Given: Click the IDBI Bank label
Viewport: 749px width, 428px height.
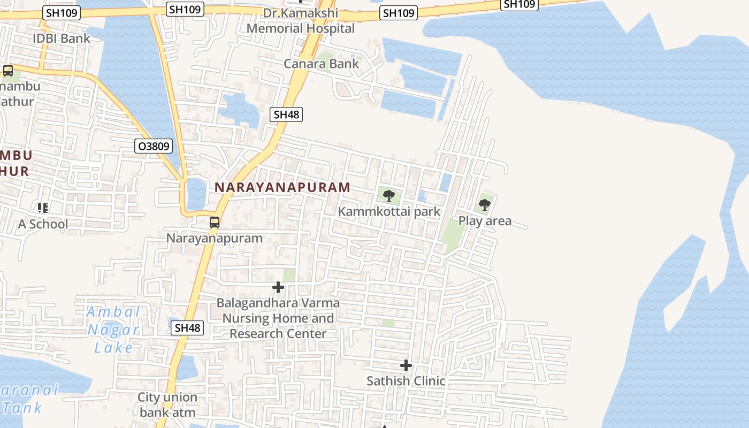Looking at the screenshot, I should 62,39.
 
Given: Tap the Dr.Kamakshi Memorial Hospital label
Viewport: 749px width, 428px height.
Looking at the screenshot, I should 301,21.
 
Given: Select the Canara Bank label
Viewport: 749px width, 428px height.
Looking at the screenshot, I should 321,64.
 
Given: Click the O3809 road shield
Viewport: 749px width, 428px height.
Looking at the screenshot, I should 154,146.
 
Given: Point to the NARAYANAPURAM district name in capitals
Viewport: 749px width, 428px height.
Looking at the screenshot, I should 282,187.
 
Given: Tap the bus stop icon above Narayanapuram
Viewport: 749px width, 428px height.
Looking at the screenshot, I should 215,222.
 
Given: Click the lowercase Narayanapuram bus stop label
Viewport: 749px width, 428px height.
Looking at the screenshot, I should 215,238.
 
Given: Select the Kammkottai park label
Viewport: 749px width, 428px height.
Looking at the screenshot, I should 389,211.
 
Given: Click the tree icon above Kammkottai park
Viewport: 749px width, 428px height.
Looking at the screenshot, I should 389,195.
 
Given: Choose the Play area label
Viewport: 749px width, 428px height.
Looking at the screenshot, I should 485,220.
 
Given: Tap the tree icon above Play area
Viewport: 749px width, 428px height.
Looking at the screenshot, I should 485,204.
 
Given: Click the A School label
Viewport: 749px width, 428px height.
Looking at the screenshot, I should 43,224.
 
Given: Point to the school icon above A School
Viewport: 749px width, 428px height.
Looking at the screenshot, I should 43,208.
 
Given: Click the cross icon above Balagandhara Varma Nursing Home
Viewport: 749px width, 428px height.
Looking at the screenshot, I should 278,287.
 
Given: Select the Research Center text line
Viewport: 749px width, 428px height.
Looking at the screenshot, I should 278,333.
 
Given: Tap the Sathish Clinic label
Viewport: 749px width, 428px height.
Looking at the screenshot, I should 406,381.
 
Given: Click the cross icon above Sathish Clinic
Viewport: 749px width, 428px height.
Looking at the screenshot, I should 406,365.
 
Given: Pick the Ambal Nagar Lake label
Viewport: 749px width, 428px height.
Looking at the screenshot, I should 113,330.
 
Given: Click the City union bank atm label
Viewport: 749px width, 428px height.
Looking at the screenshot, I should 167,405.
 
